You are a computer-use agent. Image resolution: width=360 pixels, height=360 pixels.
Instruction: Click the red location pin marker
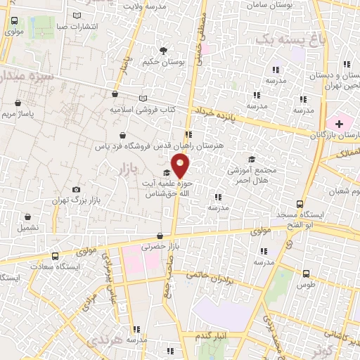click(x=181, y=167)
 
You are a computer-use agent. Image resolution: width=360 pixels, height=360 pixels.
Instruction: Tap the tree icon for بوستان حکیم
click(x=164, y=51)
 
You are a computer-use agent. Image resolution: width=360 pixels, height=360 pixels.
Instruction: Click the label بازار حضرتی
click(x=155, y=247)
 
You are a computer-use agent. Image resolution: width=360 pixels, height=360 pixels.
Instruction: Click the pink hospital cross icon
click(x=339, y=124)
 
